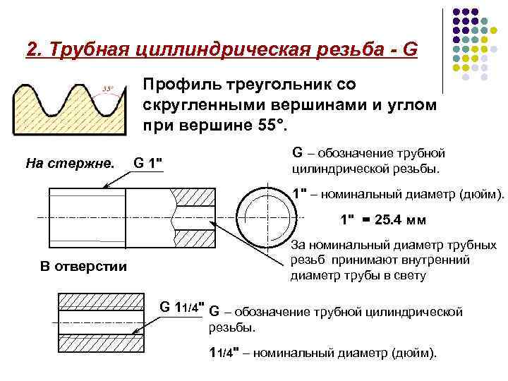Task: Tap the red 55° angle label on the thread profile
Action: point(108,88)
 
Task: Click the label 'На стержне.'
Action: point(69,164)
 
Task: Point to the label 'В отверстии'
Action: point(83,266)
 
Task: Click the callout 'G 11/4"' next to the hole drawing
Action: point(181,307)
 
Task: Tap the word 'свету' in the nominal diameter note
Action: point(409,275)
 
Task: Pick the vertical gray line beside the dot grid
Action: point(442,49)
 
